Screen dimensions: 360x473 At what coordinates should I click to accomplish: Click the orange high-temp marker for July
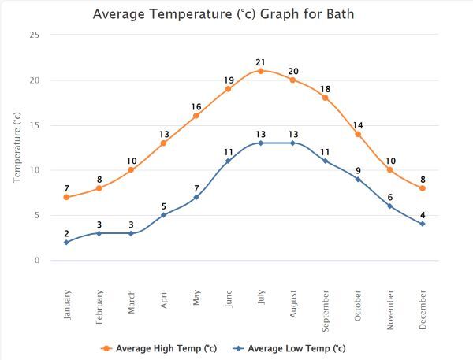(260, 71)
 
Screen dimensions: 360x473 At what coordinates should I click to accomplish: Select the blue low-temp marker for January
(66, 242)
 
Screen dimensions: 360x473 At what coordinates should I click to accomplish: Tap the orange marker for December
(423, 188)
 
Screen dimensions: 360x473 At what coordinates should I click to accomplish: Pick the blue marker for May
(196, 197)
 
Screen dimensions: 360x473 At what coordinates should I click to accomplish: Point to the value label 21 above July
(260, 61)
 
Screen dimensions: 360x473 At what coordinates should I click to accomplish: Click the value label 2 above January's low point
(66, 232)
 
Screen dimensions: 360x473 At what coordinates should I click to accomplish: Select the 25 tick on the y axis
(34, 35)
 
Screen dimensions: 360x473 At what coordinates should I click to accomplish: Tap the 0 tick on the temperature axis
(36, 261)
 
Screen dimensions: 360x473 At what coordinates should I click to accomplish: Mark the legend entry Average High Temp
(158, 347)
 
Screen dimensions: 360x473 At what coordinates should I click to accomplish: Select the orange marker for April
(163, 143)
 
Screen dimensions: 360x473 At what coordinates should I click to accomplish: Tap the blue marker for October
(358, 180)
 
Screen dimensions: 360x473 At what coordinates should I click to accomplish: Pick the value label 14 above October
(358, 125)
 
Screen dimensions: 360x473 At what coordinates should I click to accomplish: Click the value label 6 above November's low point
(390, 197)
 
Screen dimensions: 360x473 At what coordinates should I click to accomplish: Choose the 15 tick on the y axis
(34, 125)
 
